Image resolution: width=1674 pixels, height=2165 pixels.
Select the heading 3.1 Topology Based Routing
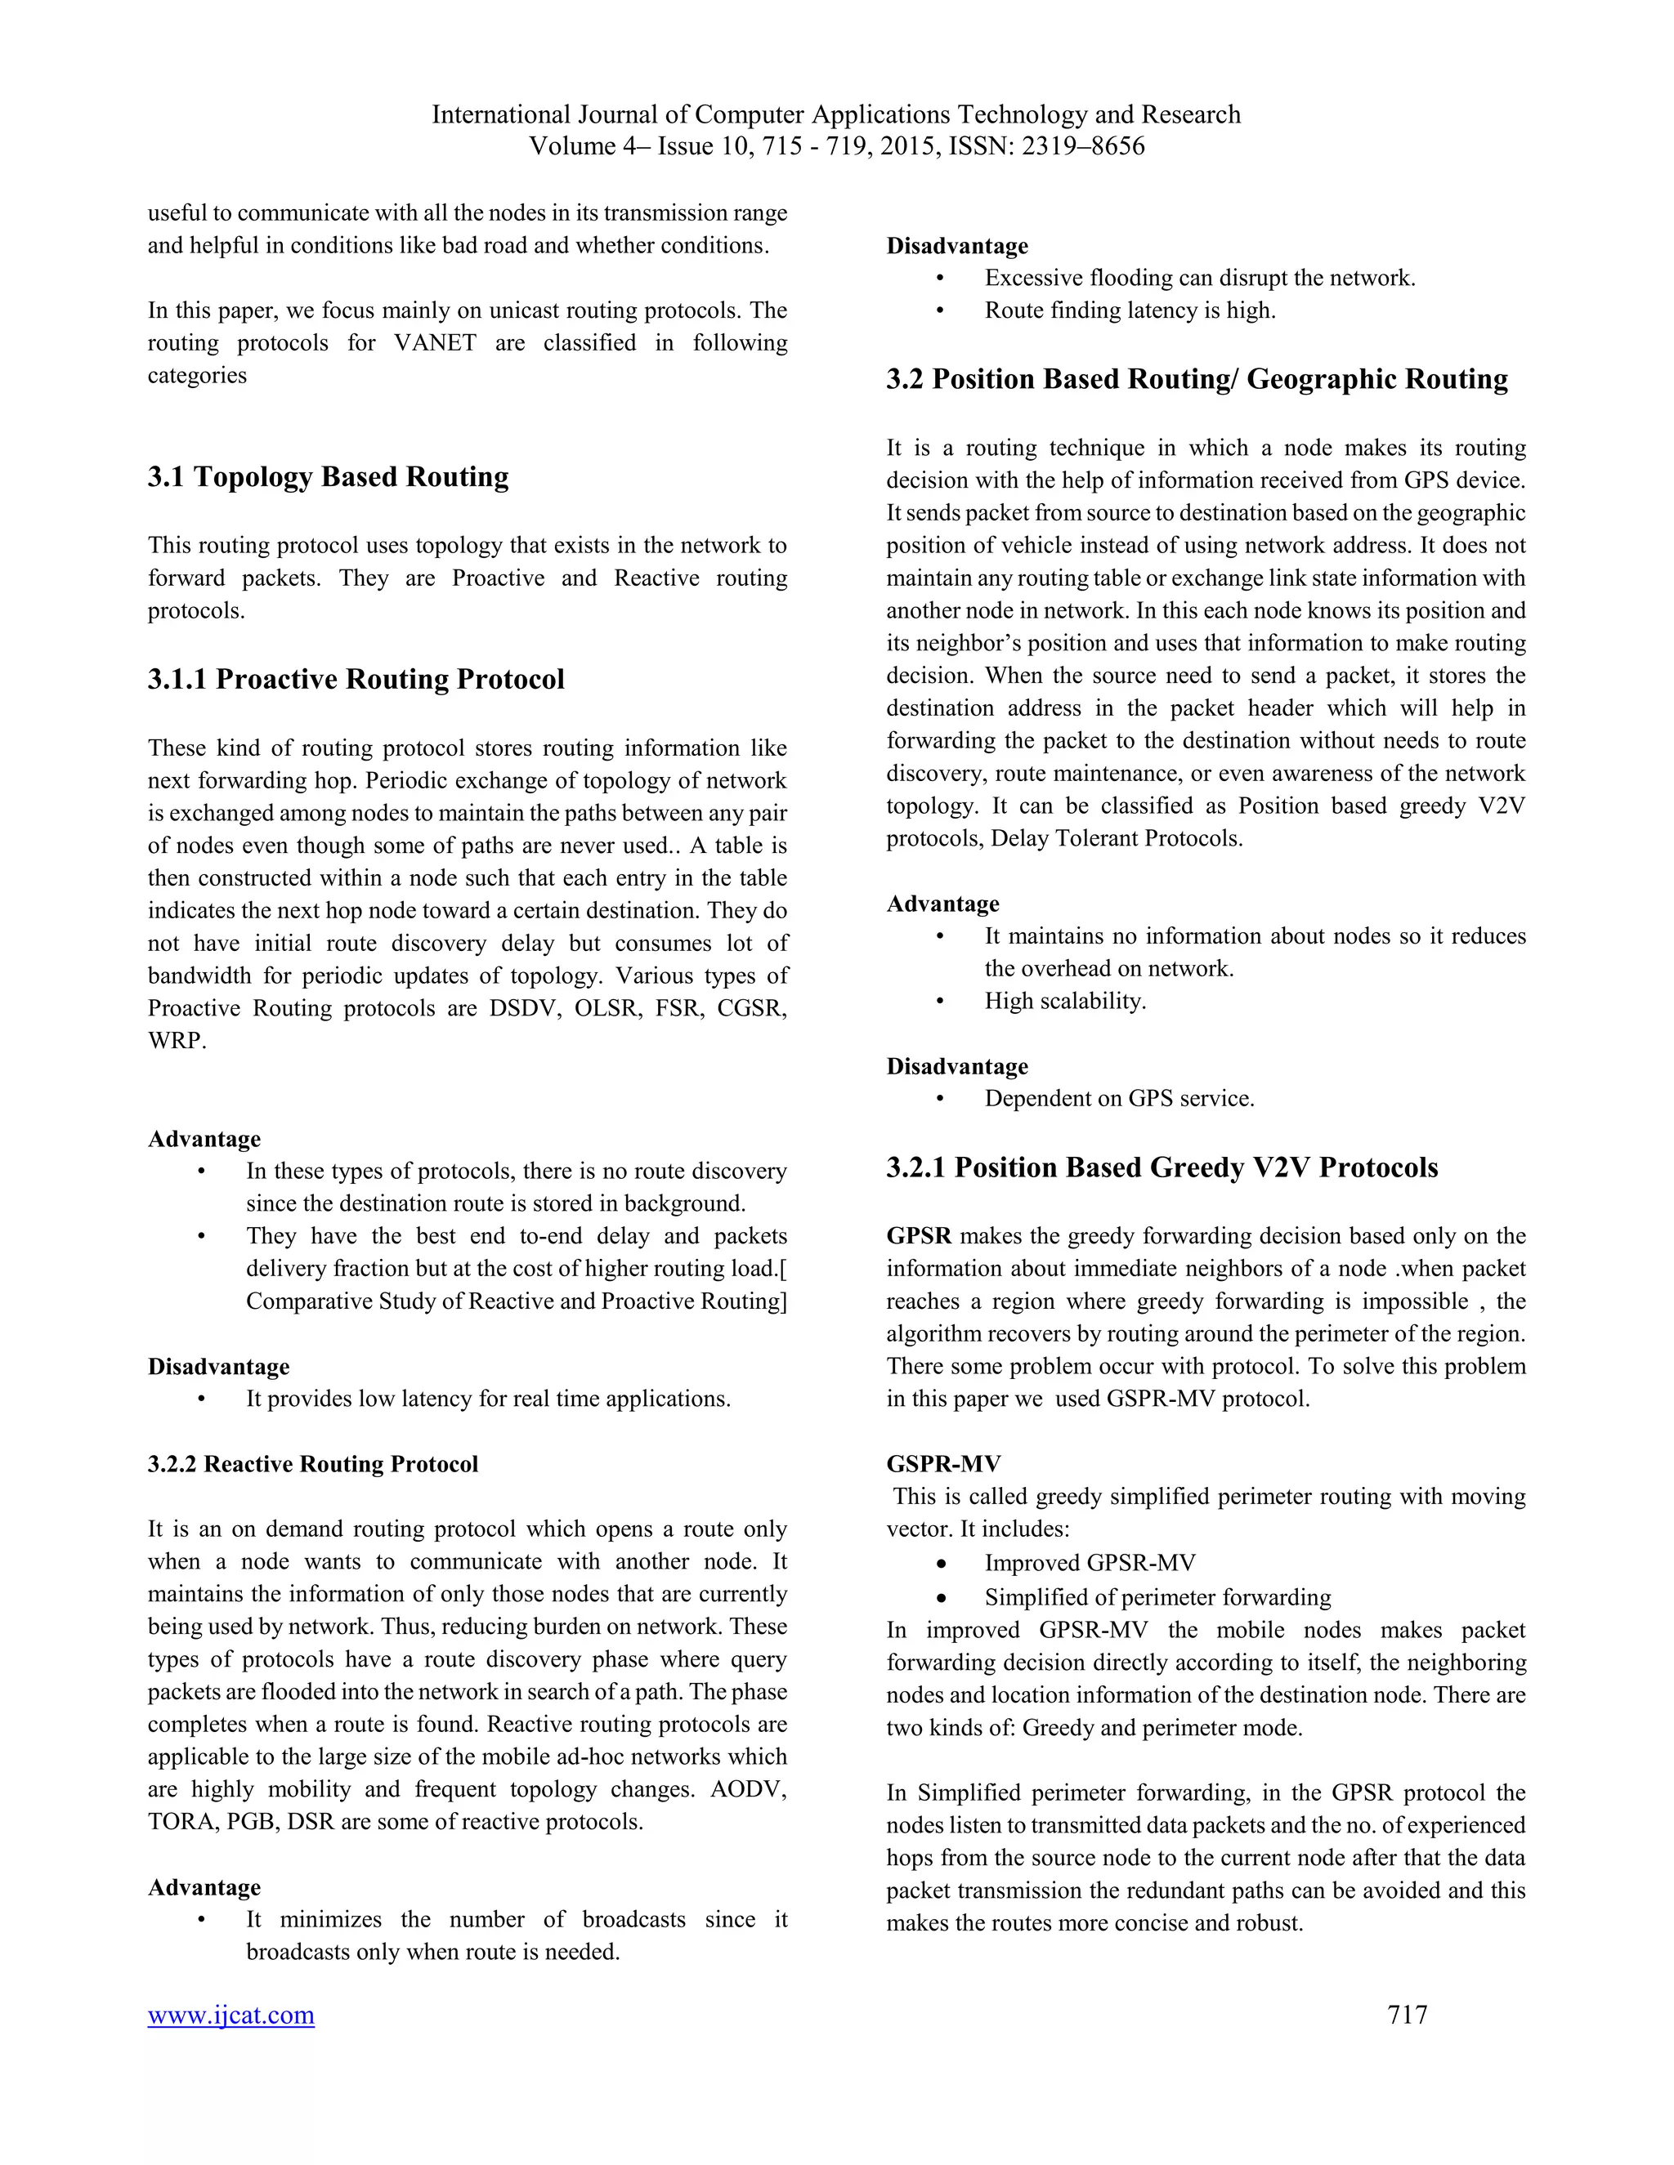click(x=329, y=477)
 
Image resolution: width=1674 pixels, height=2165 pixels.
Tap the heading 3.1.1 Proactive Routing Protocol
click(x=356, y=679)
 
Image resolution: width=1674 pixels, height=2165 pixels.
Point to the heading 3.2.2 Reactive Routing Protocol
click(x=312, y=1464)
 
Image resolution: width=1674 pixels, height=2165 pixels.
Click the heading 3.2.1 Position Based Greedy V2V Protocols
click(x=1162, y=1167)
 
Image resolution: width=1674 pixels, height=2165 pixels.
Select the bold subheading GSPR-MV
click(x=943, y=1464)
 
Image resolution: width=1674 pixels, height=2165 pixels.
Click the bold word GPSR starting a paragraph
click(x=918, y=1236)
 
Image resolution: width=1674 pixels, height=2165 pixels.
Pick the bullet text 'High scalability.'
click(x=1064, y=1002)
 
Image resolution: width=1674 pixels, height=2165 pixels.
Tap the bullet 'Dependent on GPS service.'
click(x=1119, y=1098)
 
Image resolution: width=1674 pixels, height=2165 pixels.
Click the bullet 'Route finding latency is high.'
click(x=1130, y=310)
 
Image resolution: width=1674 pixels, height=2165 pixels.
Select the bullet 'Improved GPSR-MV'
click(x=1089, y=1563)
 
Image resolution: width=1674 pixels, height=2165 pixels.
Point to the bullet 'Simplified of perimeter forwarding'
click(x=1157, y=1597)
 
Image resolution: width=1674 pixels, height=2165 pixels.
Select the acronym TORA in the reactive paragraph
click(x=182, y=1822)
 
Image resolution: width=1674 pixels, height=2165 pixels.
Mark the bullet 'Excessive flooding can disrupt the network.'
click(x=1199, y=278)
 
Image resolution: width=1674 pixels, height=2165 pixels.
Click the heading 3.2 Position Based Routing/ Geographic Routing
click(x=1197, y=380)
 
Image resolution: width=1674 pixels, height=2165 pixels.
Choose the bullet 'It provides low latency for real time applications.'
click(x=488, y=1399)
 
